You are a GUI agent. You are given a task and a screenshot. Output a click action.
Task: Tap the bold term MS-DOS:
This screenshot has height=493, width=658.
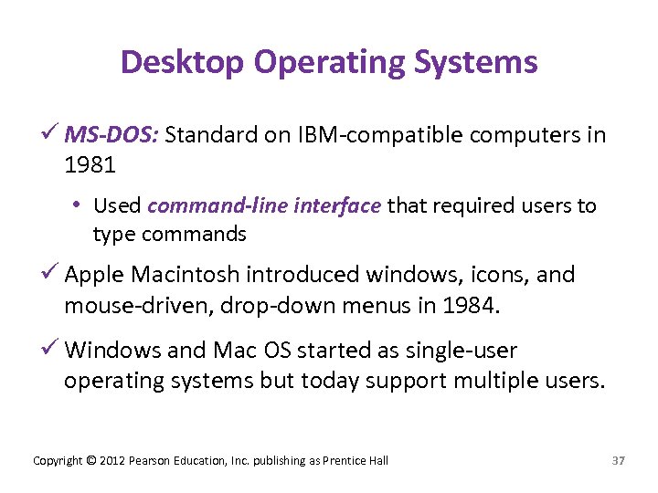point(112,136)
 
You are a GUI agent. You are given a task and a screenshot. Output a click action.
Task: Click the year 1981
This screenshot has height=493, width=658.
point(90,165)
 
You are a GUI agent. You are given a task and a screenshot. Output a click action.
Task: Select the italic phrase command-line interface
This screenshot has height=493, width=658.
point(264,205)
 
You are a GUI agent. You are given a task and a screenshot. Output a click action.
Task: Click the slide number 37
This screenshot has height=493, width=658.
point(618,460)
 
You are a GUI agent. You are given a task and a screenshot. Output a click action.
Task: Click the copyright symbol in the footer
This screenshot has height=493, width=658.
point(90,460)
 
